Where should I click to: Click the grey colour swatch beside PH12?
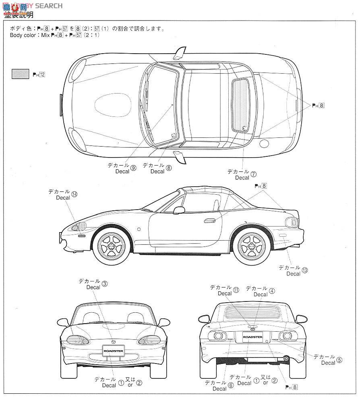(21, 73)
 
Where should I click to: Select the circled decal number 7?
(253, 174)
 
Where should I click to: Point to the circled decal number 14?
(74, 195)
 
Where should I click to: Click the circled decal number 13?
(304, 270)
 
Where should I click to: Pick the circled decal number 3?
(105, 284)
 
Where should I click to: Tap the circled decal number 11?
(236, 290)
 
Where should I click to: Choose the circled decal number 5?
(339, 360)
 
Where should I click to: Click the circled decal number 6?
(230, 386)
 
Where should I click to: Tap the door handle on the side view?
(210, 220)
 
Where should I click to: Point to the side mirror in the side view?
(179, 210)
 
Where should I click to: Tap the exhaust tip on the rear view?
(287, 357)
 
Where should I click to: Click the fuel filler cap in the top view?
(264, 143)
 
